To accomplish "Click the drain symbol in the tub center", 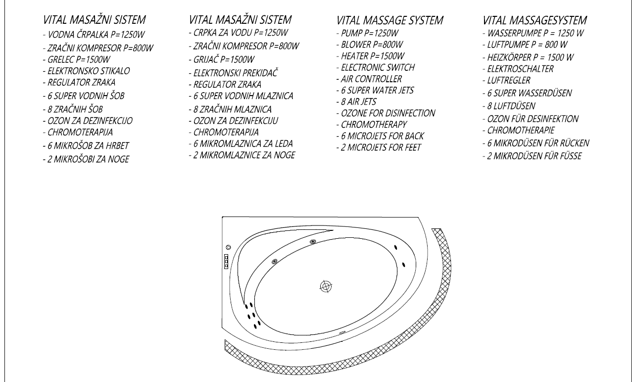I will (x=326, y=286).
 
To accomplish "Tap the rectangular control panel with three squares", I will (x=227, y=261).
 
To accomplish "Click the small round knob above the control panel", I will (x=228, y=248).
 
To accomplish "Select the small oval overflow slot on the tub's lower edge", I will (x=342, y=332).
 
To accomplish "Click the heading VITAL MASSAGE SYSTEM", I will (x=389, y=21).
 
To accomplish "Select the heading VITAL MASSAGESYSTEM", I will (x=535, y=21).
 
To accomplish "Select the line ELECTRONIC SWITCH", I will (x=378, y=67).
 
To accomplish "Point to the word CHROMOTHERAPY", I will (x=374, y=124).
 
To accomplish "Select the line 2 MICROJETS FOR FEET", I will (x=381, y=147).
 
